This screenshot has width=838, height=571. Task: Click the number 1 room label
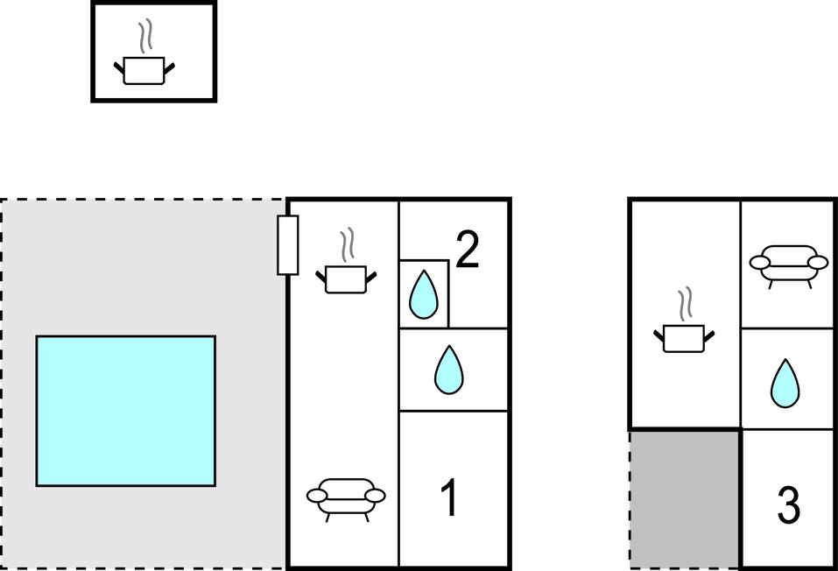pyautogui.click(x=449, y=497)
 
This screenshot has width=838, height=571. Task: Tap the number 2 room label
pyautogui.click(x=468, y=250)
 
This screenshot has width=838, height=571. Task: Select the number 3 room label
pyautogui.click(x=788, y=505)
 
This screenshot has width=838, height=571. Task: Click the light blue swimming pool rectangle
pyautogui.click(x=125, y=410)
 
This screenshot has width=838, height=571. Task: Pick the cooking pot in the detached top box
pyautogui.click(x=144, y=70)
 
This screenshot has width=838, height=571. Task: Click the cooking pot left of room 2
pyautogui.click(x=346, y=278)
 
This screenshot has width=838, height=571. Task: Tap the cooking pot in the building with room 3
pyautogui.click(x=684, y=337)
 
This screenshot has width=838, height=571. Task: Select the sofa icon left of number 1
pyautogui.click(x=346, y=497)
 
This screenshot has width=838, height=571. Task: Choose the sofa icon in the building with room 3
pyautogui.click(x=788, y=262)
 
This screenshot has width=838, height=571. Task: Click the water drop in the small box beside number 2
pyautogui.click(x=423, y=295)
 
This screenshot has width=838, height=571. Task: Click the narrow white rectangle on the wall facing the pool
pyautogui.click(x=287, y=244)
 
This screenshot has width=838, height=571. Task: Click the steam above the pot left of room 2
pyautogui.click(x=348, y=246)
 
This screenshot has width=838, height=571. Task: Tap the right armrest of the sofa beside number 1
pyautogui.click(x=375, y=496)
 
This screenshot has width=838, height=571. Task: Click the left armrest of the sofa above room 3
pyautogui.click(x=759, y=262)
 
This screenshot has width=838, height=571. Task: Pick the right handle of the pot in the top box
pyautogui.click(x=169, y=67)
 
